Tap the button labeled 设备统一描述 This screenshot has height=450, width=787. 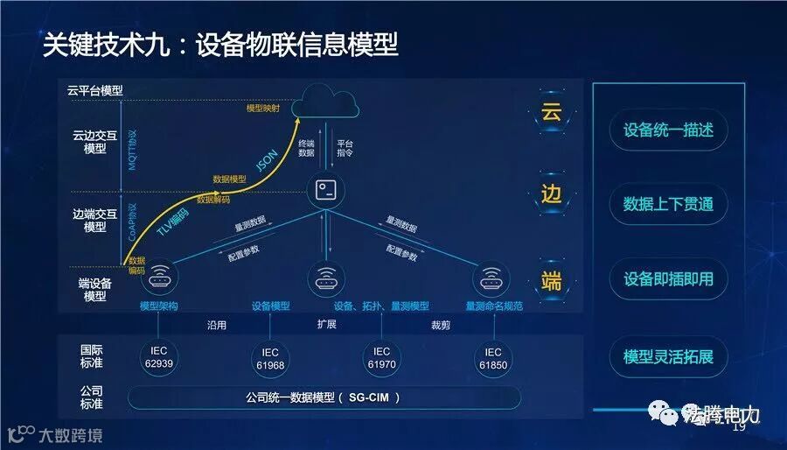tap(668, 130)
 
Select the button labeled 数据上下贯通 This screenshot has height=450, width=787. tap(668, 204)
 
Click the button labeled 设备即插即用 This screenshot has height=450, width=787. tap(668, 279)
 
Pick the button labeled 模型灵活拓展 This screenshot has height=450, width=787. tap(668, 356)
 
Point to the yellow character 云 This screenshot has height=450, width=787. tap(551, 112)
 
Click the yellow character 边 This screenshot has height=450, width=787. tap(551, 194)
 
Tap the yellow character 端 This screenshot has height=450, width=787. tap(551, 280)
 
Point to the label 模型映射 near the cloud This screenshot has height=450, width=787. tap(263, 109)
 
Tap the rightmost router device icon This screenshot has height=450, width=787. tap(491, 279)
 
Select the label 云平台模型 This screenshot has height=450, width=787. tap(94, 90)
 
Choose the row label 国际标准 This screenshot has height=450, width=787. tap(91, 356)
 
